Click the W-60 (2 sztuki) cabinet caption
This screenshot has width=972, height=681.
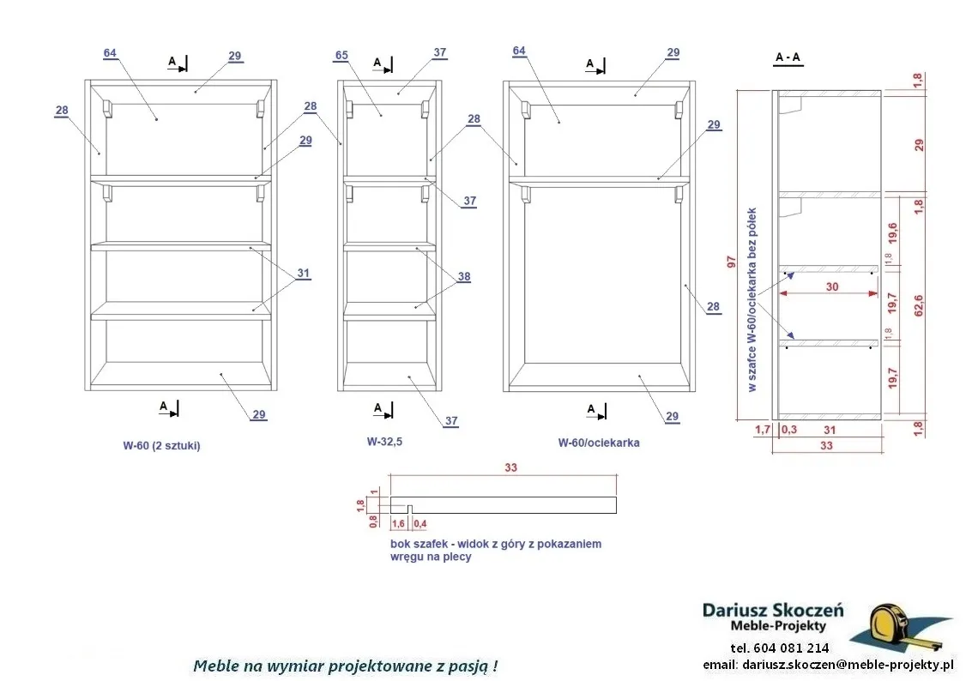(161, 445)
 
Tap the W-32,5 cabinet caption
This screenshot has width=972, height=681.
(384, 442)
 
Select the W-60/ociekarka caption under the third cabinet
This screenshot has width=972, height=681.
(599, 443)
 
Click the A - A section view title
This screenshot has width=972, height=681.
(788, 57)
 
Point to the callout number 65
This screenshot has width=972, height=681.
(341, 55)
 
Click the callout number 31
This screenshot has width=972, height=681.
(303, 274)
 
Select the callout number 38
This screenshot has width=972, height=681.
(464, 277)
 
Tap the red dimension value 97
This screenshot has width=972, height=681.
(731, 262)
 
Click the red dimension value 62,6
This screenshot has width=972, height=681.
(919, 305)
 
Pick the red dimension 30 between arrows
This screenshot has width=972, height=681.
(832, 287)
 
